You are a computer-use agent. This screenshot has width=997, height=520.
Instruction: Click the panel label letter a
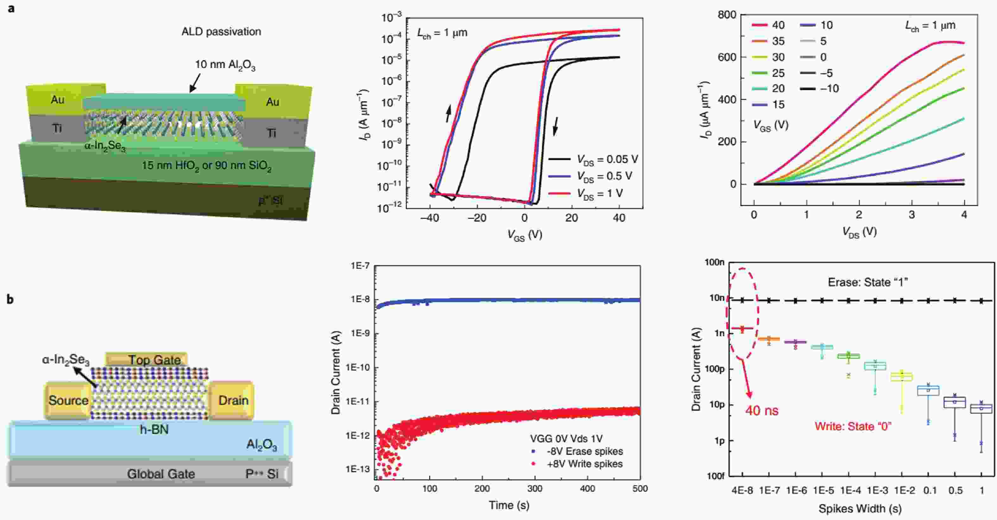11,8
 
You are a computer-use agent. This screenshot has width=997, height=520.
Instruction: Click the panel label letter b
10,299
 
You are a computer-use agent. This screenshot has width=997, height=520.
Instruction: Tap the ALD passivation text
221,32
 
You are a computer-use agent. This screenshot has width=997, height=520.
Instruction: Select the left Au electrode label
57,100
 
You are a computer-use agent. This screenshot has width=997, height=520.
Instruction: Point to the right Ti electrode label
272,133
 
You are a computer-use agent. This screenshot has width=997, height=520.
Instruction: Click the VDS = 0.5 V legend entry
604,176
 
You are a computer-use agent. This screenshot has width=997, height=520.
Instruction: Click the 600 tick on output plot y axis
726,57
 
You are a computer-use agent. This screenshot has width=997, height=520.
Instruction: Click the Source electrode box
68,400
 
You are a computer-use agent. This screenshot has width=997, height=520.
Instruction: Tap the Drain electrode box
233,400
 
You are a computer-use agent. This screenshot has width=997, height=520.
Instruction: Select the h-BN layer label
154,430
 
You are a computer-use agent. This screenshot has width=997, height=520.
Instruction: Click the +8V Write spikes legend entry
584,464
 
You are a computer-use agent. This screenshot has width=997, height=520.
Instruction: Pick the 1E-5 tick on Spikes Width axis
823,491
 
